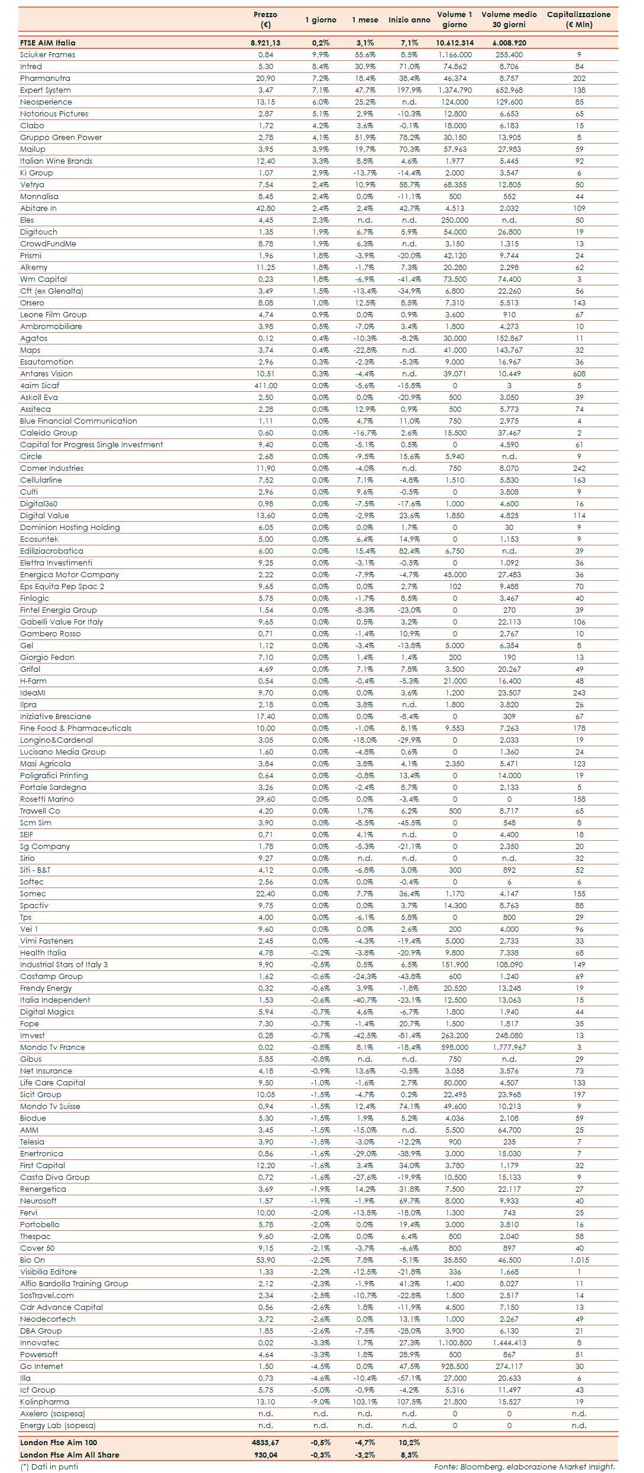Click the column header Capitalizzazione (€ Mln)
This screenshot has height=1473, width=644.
(x=578, y=19)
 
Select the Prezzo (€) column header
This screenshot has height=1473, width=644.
(x=265, y=19)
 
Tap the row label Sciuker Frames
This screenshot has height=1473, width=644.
(x=48, y=55)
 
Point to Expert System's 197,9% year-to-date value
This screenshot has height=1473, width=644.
(x=409, y=90)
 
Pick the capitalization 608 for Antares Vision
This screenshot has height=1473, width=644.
(x=579, y=374)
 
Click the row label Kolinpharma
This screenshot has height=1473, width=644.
(x=44, y=1402)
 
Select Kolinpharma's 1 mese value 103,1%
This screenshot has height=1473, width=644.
(x=365, y=1402)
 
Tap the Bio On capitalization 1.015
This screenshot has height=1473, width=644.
(x=579, y=1260)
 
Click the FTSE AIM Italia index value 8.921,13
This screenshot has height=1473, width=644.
(x=265, y=43)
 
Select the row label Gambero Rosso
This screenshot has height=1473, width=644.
(x=50, y=634)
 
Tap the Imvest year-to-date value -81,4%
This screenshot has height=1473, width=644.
(x=409, y=1036)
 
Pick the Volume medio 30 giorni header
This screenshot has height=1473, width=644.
(x=509, y=19)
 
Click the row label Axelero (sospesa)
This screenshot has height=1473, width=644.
(x=53, y=1414)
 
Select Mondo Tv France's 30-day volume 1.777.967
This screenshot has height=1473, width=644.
(x=509, y=1048)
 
